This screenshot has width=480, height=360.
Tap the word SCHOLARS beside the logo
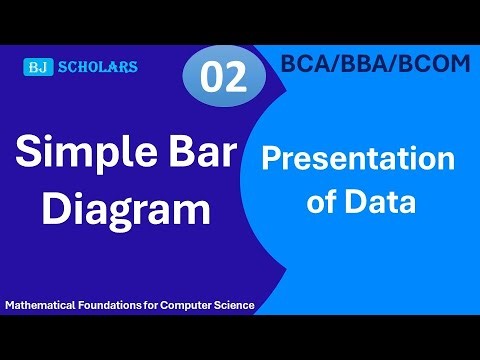(97, 68)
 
